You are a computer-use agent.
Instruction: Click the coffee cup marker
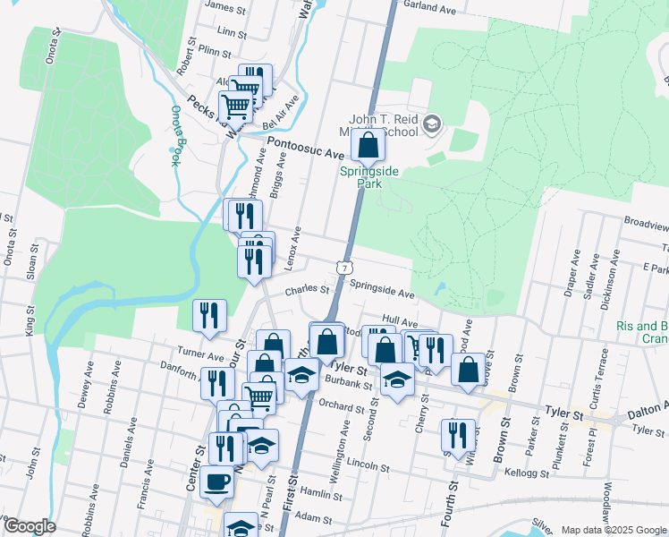[x=216, y=482]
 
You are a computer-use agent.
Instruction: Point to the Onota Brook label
[x=176, y=136]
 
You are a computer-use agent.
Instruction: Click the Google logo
[x=29, y=526]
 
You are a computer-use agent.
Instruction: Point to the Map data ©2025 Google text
[x=614, y=530]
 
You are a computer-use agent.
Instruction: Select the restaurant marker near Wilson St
[x=457, y=435]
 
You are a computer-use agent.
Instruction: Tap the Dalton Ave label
[x=647, y=407]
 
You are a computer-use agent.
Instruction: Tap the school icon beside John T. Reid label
[x=433, y=123]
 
